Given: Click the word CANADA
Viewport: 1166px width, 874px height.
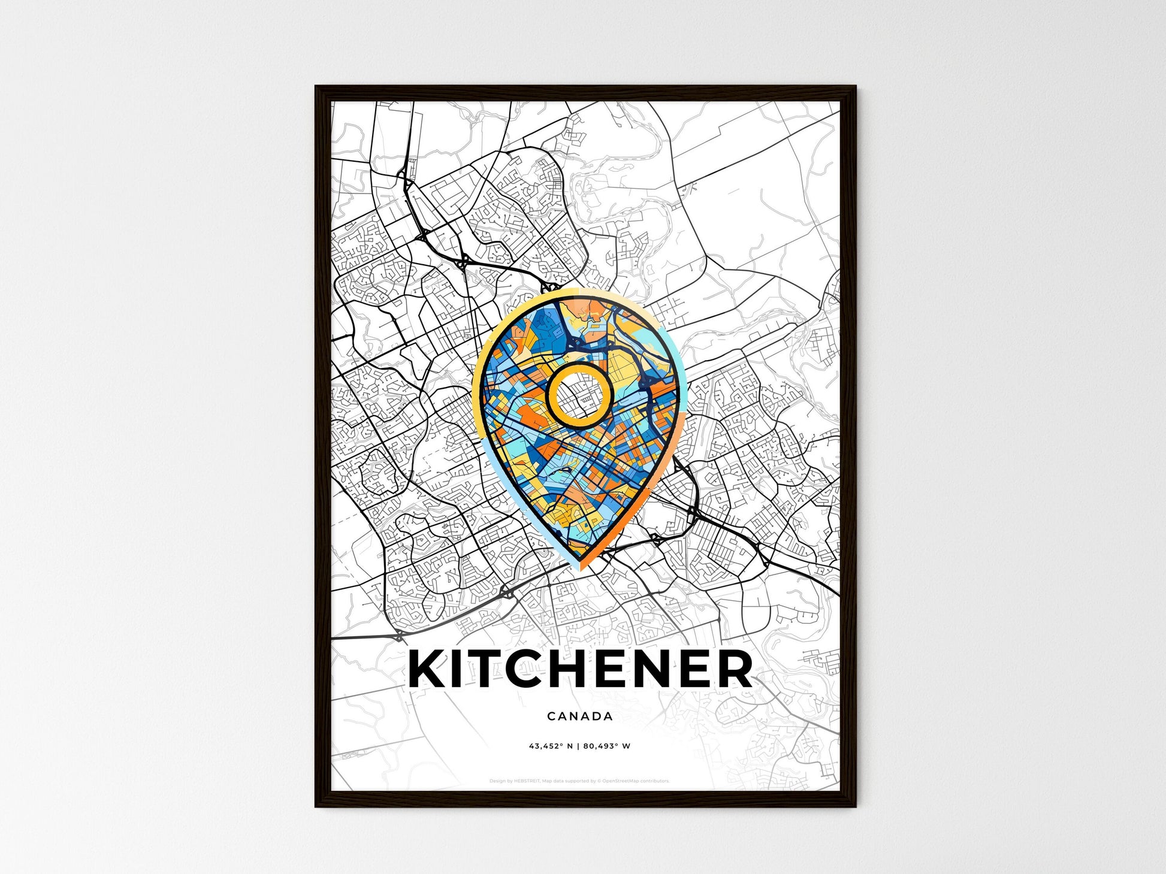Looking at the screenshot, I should pos(579,716).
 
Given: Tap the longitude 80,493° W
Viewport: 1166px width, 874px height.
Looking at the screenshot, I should pos(608,746).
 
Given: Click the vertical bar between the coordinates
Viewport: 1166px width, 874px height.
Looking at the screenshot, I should pos(579,746).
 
